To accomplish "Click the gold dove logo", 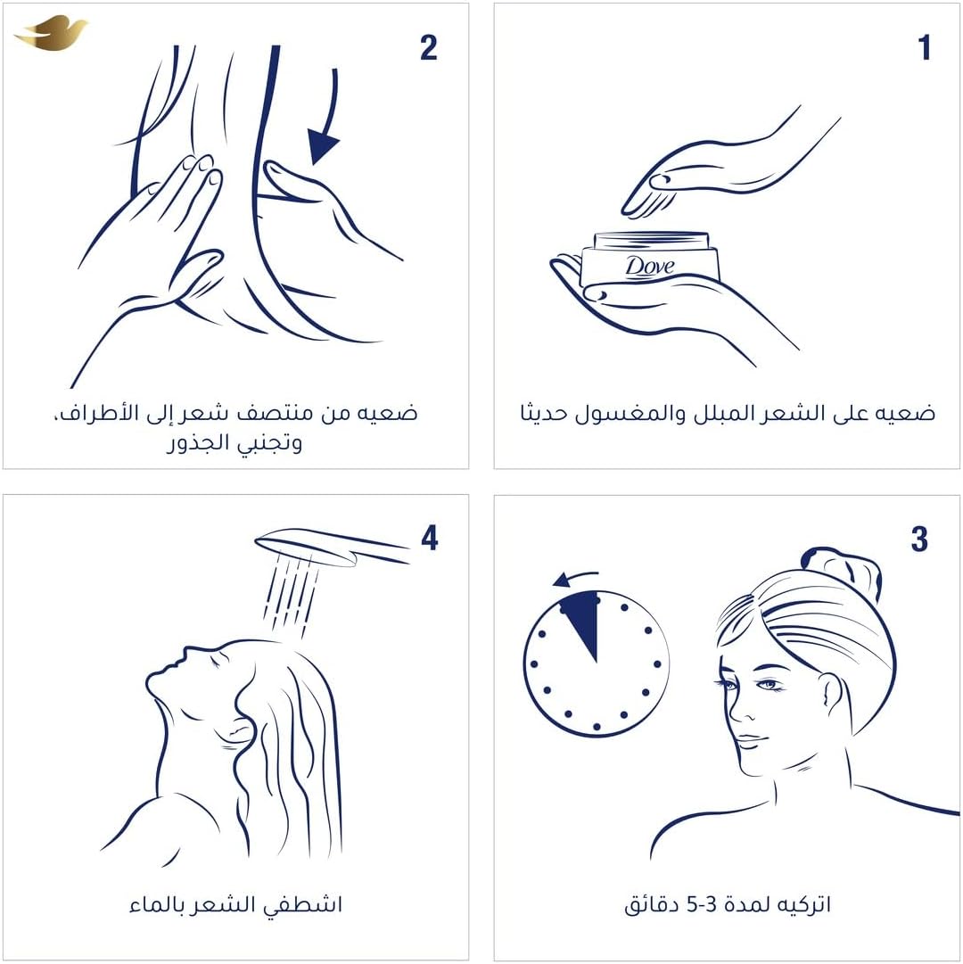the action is tap(52, 33).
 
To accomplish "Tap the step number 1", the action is tap(924, 47).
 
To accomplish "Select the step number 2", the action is tap(428, 47).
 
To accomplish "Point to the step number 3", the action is tap(919, 539).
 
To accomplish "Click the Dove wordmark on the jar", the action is tap(650, 266).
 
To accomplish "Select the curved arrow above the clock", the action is tap(574, 576).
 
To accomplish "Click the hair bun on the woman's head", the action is tap(841, 569).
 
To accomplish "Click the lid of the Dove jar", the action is tap(652, 241).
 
